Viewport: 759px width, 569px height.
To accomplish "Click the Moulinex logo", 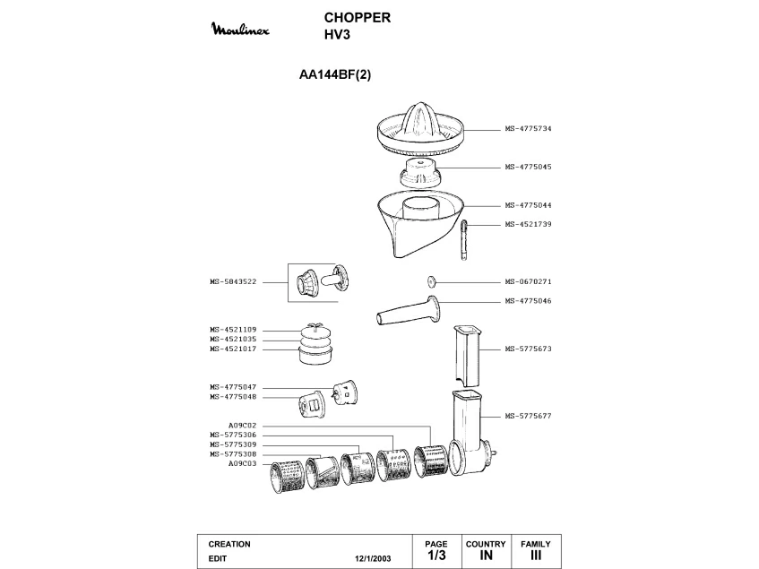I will pos(244,30).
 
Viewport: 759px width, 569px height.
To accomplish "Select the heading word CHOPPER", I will pos(356,17).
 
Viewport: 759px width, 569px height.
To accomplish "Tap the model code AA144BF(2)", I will pos(334,75).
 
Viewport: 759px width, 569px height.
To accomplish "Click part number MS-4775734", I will pos(528,129).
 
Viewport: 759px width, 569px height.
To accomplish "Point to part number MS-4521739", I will pos(528,224).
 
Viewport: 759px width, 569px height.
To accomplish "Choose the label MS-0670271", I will pos(528,280).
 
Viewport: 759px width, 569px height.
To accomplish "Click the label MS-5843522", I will pos(233,281).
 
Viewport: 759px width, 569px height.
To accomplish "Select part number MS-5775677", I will pos(528,416).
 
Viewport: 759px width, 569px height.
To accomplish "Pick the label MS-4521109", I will pos(233,330).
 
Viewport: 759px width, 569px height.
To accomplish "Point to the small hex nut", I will pos(431,280).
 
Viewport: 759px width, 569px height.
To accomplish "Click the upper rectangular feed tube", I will pos(468,353).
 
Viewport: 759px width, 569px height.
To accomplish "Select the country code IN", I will pos(486,556).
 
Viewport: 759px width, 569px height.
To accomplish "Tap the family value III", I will pos(536,556).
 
